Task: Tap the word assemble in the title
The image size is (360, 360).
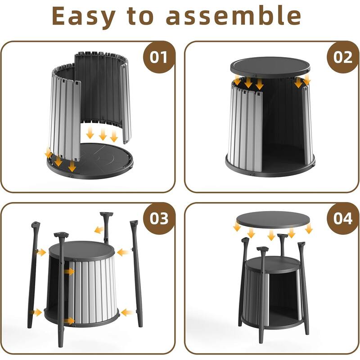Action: coord(234,16)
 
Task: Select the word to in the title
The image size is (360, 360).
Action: coord(140,16)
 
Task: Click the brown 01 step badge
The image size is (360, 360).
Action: coord(159,57)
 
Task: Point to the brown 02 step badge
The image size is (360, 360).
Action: coord(343,57)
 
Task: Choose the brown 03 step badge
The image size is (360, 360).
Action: coord(159,218)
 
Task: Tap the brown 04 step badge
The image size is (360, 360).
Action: coord(343,218)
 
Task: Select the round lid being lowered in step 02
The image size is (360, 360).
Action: coord(270,67)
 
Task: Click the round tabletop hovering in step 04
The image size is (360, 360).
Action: coord(273,220)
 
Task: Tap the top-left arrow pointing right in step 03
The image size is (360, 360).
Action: coord(41,252)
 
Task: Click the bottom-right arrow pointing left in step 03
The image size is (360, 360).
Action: coord(127,312)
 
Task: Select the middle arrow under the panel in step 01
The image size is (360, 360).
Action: coord(103,134)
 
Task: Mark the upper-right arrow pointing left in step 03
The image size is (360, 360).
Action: coord(123,252)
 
